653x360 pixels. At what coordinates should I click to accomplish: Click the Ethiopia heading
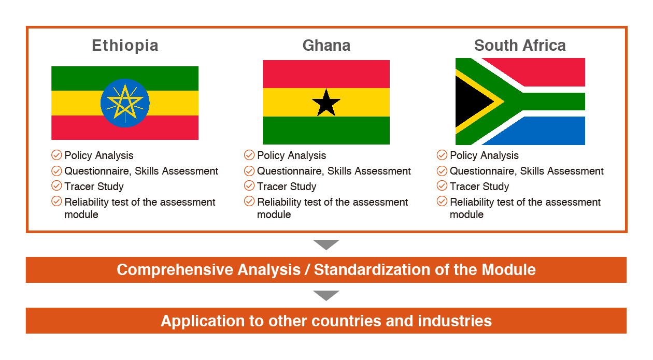125,46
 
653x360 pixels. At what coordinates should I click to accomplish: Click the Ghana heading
326,46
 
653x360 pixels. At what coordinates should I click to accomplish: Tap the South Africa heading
520,46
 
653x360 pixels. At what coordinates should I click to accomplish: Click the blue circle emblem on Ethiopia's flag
125,103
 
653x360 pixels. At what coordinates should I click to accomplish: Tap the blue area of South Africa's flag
540,131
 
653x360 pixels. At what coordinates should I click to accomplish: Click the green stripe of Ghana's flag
326,130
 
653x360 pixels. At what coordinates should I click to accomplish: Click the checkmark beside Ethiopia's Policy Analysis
56,155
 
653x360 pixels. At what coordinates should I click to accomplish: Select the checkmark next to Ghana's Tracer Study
249,185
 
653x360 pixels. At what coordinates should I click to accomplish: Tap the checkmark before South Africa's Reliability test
442,201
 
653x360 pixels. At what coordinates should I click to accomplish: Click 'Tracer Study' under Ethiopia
94,186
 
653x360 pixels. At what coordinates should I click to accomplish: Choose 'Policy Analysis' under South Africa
484,155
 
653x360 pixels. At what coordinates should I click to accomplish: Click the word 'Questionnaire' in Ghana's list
291,171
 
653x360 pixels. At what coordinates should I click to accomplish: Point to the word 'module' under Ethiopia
81,214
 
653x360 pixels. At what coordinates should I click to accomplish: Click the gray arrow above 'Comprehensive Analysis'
326,244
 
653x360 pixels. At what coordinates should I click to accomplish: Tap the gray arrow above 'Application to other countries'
326,295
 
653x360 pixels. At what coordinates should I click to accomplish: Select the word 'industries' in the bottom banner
455,321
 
